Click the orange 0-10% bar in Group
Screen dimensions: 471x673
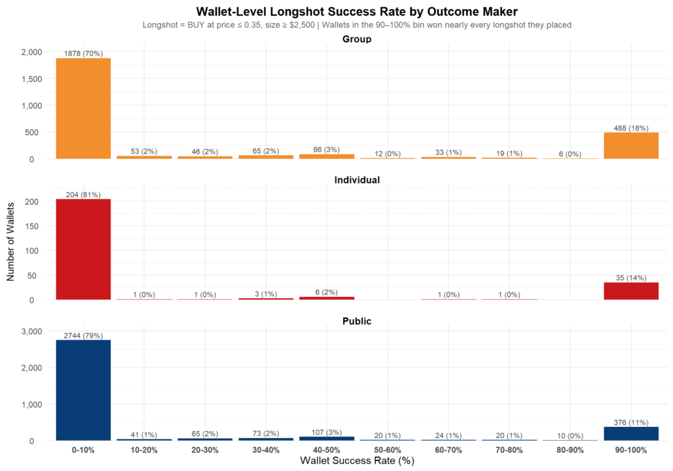click(x=83, y=108)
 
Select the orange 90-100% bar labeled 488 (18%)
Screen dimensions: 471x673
click(x=631, y=145)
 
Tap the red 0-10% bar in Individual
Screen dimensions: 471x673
click(x=83, y=250)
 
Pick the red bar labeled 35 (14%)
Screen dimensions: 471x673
click(x=631, y=291)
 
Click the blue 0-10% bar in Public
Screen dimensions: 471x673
click(x=83, y=390)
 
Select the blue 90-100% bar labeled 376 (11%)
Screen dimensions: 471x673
click(x=631, y=434)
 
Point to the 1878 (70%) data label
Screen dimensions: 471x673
click(x=83, y=53)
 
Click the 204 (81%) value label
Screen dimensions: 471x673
click(x=83, y=194)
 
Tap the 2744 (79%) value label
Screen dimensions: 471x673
click(x=83, y=336)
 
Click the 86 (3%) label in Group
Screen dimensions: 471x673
click(x=327, y=150)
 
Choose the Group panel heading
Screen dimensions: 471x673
click(x=357, y=39)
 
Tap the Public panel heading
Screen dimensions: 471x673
click(x=357, y=321)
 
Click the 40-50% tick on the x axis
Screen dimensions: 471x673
click(x=327, y=450)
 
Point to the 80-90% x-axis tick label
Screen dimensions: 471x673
click(x=570, y=450)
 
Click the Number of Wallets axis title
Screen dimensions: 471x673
click(x=11, y=240)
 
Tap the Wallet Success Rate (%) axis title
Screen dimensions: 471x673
click(x=357, y=461)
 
